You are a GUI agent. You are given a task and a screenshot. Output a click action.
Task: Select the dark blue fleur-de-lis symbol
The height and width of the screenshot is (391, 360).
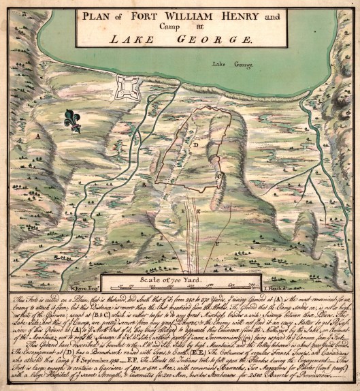72,120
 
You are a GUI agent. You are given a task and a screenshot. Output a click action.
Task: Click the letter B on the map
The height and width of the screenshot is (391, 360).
144,184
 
